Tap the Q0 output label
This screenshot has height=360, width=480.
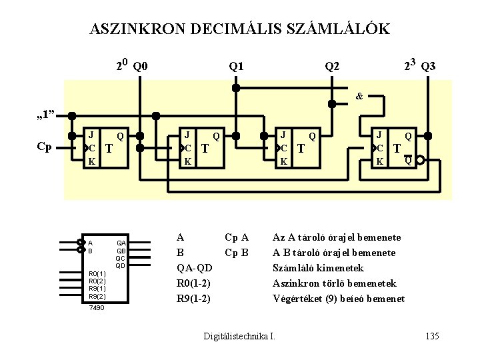tap(141, 66)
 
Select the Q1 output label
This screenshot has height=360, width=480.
tap(236, 66)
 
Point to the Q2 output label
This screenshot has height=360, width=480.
tap(331, 66)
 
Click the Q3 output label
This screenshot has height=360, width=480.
tap(429, 66)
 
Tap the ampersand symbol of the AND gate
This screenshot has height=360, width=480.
tap(359, 96)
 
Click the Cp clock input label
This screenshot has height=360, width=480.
tap(44, 147)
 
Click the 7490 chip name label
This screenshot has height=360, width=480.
tap(97, 307)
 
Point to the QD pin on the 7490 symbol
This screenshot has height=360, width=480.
tap(121, 265)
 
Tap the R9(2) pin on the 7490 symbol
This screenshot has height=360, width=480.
tap(97, 296)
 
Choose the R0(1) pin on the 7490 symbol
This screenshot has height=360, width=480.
tap(97, 274)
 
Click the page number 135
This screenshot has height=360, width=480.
tap(431, 336)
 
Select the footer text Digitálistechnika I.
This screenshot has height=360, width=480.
tap(239, 336)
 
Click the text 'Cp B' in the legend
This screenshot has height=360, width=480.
tap(237, 253)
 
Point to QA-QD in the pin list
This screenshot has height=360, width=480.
tap(194, 268)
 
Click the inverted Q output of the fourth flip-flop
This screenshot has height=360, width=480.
tap(407, 159)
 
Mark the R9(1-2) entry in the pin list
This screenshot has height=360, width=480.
tap(193, 299)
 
